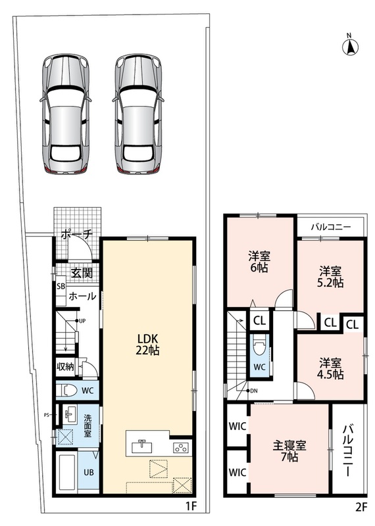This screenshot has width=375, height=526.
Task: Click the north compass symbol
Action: tap(350, 46)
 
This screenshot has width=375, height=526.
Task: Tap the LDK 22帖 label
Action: tap(147, 344)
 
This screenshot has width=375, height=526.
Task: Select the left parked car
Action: tap(66, 114)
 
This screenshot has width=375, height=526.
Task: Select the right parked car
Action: tap(138, 114)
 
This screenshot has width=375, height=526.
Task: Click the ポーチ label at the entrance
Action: tap(76, 235)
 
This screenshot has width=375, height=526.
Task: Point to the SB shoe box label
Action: tap(61, 287)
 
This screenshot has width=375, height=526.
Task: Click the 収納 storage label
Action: tap(65, 367)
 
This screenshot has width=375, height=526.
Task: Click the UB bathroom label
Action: tap(89, 472)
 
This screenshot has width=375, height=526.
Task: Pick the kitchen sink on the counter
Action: tap(141, 447)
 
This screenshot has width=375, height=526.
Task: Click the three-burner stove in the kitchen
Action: tap(181, 448)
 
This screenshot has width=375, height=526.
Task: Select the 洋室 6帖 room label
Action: tap(259, 262)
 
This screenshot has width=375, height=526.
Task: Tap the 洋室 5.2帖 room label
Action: tap(330, 277)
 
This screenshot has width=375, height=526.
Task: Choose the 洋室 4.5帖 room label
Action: tap(330, 368)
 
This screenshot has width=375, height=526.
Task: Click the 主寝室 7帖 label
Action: tap(289, 451)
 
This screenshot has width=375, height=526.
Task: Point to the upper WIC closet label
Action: tap(238, 426)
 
